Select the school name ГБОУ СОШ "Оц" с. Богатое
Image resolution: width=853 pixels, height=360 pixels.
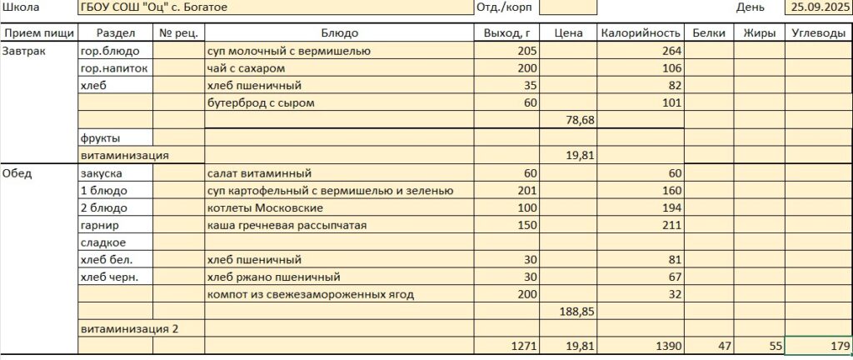[x=154, y=7]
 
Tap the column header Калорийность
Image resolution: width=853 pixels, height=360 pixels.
[x=640, y=33]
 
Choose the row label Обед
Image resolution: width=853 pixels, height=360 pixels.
[x=17, y=173]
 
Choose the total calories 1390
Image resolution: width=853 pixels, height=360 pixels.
[x=668, y=346]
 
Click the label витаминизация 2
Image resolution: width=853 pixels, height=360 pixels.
[x=129, y=328]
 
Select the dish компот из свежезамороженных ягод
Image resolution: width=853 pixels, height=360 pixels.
[x=310, y=294]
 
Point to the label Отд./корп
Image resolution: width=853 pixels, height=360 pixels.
[x=502, y=7]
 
